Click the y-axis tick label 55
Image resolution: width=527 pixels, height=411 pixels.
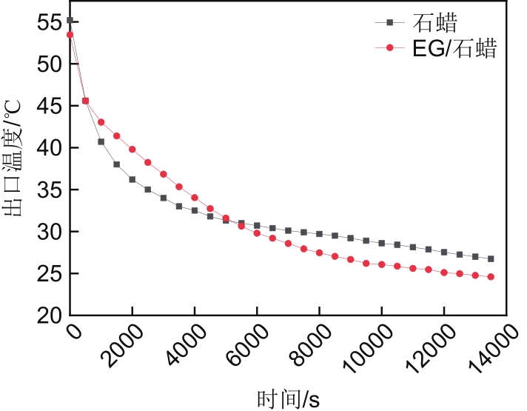pos(50,23)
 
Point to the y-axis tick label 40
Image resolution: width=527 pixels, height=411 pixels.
pos(50,148)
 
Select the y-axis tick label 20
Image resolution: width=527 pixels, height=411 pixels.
pos(50,315)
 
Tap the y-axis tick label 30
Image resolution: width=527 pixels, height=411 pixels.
pos(50,232)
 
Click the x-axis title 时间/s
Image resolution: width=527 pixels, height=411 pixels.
pos(289,398)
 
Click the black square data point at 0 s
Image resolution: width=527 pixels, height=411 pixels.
pos(70,21)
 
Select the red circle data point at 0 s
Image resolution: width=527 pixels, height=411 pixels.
pos(70,35)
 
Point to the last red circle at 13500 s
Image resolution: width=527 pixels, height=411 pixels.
pos(491,277)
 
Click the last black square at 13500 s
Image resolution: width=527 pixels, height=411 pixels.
pos(491,259)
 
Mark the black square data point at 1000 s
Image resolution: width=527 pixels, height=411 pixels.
pos(101,141)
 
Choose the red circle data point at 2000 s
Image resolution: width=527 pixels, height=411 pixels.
pos(132,149)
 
